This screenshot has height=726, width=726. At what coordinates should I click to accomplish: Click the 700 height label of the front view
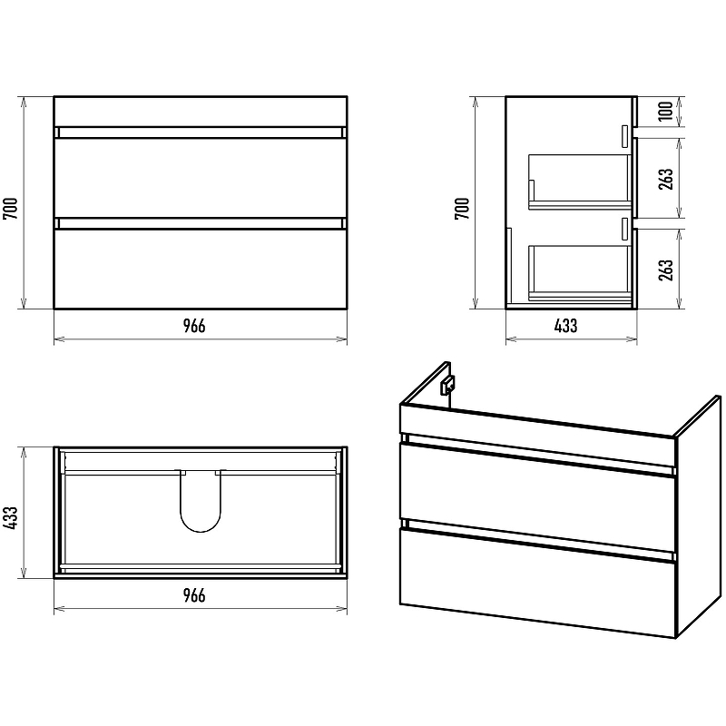10,208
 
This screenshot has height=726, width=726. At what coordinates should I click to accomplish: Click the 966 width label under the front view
194,326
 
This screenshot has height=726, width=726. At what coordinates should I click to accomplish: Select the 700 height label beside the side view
462,208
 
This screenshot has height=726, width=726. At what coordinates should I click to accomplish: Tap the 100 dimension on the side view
665,111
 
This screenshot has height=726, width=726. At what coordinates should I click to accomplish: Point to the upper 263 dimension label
665,179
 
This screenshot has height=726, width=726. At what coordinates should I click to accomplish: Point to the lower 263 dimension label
665,270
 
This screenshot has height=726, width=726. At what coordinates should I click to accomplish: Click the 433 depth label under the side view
565,326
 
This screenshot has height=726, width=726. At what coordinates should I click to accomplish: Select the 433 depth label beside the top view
10,518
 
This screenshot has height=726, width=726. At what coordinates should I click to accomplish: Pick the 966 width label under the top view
194,595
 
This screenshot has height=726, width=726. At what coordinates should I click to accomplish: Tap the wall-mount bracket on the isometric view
447,385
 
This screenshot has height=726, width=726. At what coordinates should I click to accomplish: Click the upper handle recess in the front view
201,132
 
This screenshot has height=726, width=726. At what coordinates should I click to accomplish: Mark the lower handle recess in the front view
201,223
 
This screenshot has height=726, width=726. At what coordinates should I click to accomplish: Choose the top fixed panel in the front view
201,111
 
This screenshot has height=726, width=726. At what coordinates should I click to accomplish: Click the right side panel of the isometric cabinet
698,516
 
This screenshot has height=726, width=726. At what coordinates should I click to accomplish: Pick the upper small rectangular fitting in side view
625,137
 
